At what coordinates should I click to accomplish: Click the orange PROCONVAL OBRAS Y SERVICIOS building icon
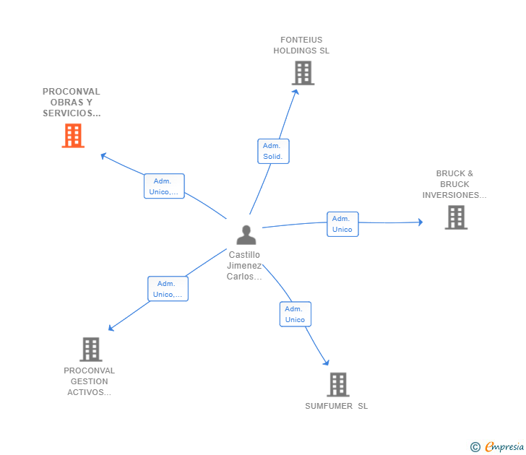coord(73,136)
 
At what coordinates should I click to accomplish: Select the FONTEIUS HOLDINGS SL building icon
coord(303,73)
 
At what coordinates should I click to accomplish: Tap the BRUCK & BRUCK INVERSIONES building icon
coord(456,217)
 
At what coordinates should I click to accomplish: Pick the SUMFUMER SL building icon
coord(337,385)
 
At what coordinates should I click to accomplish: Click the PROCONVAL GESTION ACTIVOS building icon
coord(90,350)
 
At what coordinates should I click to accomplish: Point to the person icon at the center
coord(246,235)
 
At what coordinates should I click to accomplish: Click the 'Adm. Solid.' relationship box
coord(273,151)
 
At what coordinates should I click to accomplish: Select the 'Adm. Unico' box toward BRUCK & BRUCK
coord(342,224)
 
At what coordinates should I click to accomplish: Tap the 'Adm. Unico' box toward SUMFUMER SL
coord(295,314)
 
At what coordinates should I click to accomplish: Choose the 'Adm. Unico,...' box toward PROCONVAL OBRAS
coord(164,186)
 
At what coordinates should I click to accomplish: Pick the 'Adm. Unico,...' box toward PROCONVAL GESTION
coord(168,289)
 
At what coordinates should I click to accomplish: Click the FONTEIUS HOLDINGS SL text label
coord(301,45)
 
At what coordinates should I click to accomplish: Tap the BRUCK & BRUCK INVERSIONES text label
coord(454,184)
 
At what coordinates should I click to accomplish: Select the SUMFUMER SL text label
coord(336,406)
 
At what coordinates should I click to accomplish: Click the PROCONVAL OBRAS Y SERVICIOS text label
coord(72,103)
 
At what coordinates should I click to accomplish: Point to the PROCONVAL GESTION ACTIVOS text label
coord(90,381)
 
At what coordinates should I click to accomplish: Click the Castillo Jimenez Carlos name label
coord(244,265)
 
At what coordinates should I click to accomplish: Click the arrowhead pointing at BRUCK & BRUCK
coord(421,222)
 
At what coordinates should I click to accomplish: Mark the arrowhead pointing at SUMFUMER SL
coord(327,363)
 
